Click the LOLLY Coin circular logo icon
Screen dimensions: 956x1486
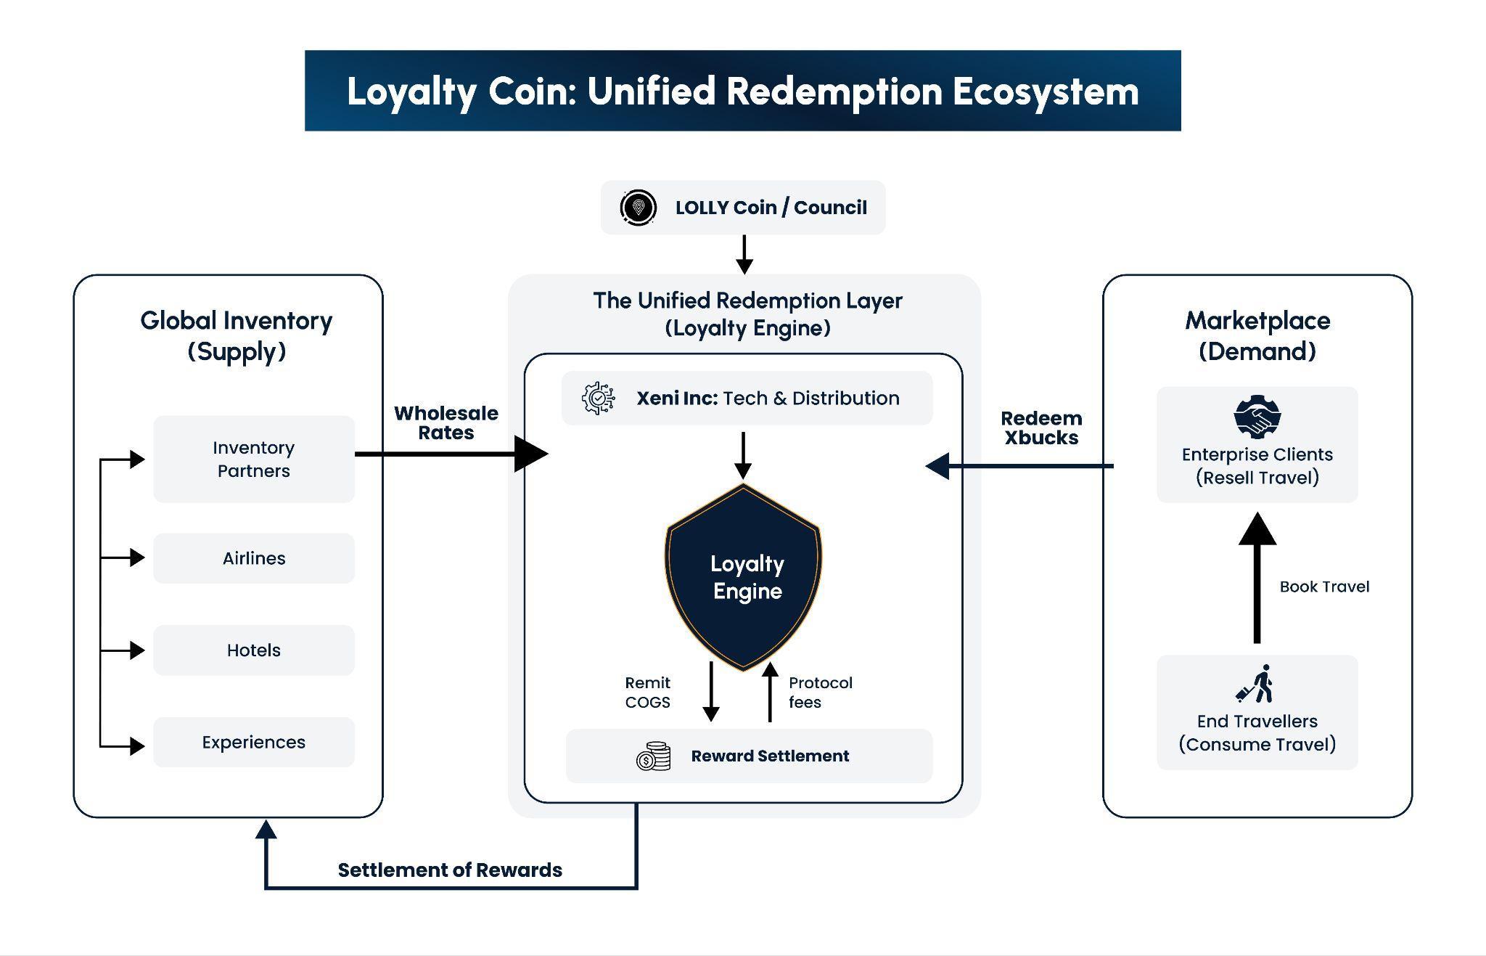pos(639,208)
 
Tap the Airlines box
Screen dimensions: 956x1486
pos(254,558)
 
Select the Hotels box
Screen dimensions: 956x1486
pos(254,650)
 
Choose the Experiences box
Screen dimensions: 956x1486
pos(254,742)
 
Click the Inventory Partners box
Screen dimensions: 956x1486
pos(254,459)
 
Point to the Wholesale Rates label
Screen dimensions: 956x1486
pos(446,423)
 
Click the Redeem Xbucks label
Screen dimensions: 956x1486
pos(1041,428)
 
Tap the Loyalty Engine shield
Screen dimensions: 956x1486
pos(744,577)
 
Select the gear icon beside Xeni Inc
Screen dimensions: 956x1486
pos(599,399)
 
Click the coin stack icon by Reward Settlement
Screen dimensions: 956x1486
pos(653,756)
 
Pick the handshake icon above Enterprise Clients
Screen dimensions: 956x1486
pos(1257,417)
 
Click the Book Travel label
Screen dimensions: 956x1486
pos(1324,587)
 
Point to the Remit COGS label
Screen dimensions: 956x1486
pos(647,693)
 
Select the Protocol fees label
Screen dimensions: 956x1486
pos(820,693)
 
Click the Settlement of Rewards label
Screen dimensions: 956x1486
pos(450,870)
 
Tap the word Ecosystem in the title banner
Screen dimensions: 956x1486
pos(1046,91)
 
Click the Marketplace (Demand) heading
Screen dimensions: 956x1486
pos(1257,336)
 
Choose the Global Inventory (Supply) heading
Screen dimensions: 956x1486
pos(237,336)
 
